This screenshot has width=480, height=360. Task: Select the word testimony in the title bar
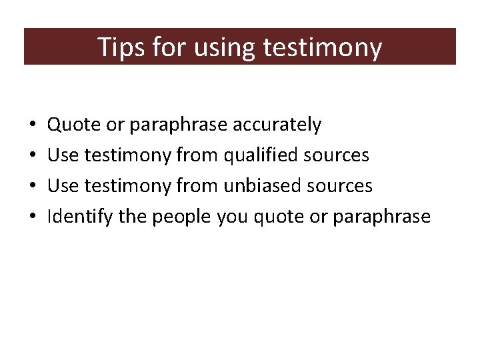click(x=323, y=47)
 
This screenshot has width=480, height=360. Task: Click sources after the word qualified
click(x=337, y=155)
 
